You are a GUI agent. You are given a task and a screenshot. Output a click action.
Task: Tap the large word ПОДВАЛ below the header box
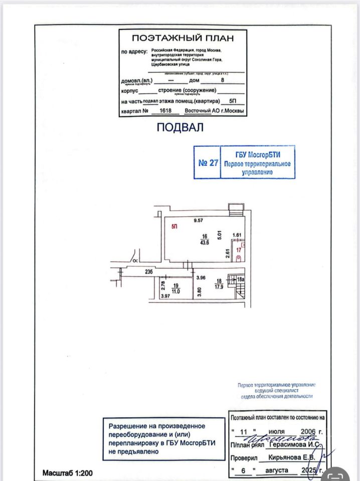coord(180,127)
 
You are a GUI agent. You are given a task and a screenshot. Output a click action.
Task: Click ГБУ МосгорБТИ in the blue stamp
coord(257,155)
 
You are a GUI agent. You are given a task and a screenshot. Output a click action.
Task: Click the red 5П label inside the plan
coord(174,227)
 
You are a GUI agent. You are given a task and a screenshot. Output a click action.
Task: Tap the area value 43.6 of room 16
coord(205,243)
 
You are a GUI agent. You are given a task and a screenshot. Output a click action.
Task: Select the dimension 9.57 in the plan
coord(201,220)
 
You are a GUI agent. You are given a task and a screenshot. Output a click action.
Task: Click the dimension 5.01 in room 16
coord(219,233)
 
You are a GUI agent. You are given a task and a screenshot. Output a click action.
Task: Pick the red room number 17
coord(239,249)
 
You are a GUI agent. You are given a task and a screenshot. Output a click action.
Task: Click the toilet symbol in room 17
coord(239,258)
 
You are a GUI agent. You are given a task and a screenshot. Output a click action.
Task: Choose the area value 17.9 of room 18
coord(219,287)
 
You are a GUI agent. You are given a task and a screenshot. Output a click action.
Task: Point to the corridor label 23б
coord(148,272)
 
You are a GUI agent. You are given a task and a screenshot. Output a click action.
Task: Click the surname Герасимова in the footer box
coord(288,444)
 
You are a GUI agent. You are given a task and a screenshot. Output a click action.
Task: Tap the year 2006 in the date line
coord(308,431)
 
